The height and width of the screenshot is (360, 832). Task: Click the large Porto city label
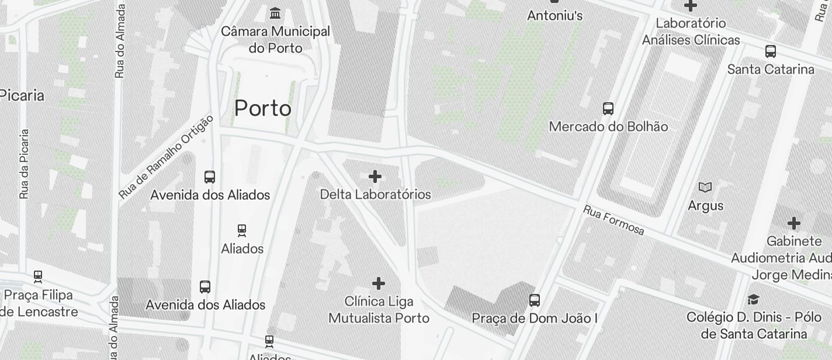[x=263, y=108]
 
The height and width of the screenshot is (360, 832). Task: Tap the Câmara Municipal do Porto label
[x=275, y=39]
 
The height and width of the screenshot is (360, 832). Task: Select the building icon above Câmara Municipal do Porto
[x=275, y=13]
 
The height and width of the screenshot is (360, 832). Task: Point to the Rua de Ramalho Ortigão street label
[x=166, y=156]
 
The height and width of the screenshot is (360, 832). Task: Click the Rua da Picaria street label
[x=24, y=164]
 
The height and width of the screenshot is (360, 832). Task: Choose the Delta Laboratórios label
[x=375, y=194]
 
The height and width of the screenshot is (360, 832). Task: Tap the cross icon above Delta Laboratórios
[x=375, y=176]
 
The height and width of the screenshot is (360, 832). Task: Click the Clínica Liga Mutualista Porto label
[x=379, y=310]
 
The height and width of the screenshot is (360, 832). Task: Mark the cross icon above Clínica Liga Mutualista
[x=379, y=283]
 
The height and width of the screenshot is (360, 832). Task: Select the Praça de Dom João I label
[x=535, y=319]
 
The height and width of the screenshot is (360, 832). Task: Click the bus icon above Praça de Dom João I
[x=535, y=300]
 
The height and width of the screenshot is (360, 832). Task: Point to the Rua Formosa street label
[x=613, y=220]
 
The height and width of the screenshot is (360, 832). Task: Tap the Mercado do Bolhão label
[x=608, y=126]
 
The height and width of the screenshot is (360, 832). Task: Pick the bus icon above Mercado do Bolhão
[x=608, y=108]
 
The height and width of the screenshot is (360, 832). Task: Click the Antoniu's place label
[x=554, y=15]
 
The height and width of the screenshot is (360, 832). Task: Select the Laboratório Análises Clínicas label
[x=691, y=32]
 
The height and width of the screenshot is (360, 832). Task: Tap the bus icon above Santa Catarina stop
[x=771, y=51]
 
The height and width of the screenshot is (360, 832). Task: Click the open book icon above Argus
[x=706, y=187]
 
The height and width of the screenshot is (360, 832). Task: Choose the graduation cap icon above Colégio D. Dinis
[x=754, y=299]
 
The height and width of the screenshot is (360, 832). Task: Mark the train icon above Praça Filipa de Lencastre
[x=38, y=276]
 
